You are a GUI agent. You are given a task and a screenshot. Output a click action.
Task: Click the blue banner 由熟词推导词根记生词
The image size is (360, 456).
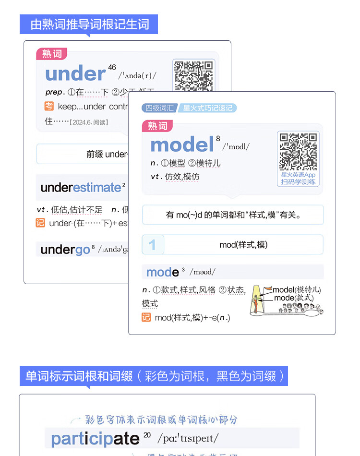tap(89, 24)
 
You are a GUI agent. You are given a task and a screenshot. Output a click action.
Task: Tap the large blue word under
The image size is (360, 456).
tap(75, 74)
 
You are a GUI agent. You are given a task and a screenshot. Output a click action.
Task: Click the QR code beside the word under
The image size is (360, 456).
tap(193, 75)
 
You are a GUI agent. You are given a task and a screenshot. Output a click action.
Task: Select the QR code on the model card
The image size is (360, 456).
tap(298, 151)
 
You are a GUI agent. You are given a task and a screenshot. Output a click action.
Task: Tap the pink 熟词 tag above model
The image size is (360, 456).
tap(157, 126)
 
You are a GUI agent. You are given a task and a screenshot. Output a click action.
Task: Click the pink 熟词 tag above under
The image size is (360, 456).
tap(52, 54)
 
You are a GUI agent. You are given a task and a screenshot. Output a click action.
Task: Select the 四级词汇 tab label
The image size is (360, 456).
tap(160, 108)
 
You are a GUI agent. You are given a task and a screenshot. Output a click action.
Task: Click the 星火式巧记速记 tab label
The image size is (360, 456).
tap(208, 108)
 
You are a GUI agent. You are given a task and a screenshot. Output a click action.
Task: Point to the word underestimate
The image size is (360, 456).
tap(81, 187)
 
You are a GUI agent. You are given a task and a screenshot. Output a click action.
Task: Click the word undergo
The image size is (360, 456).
tap(65, 250)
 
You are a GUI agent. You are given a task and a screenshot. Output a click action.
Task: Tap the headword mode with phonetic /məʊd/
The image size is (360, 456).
tap(163, 272)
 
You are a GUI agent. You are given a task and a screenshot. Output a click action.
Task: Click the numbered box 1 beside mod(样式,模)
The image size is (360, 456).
tap(153, 245)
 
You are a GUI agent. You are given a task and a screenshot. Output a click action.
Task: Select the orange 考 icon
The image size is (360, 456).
tap(49, 106)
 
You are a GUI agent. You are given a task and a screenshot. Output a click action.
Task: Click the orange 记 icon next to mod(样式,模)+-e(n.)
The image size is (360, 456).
tap(146, 317)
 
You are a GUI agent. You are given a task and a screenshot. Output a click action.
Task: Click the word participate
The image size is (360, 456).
tap(95, 439)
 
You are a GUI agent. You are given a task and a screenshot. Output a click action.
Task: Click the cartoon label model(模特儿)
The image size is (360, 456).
tap(296, 290)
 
